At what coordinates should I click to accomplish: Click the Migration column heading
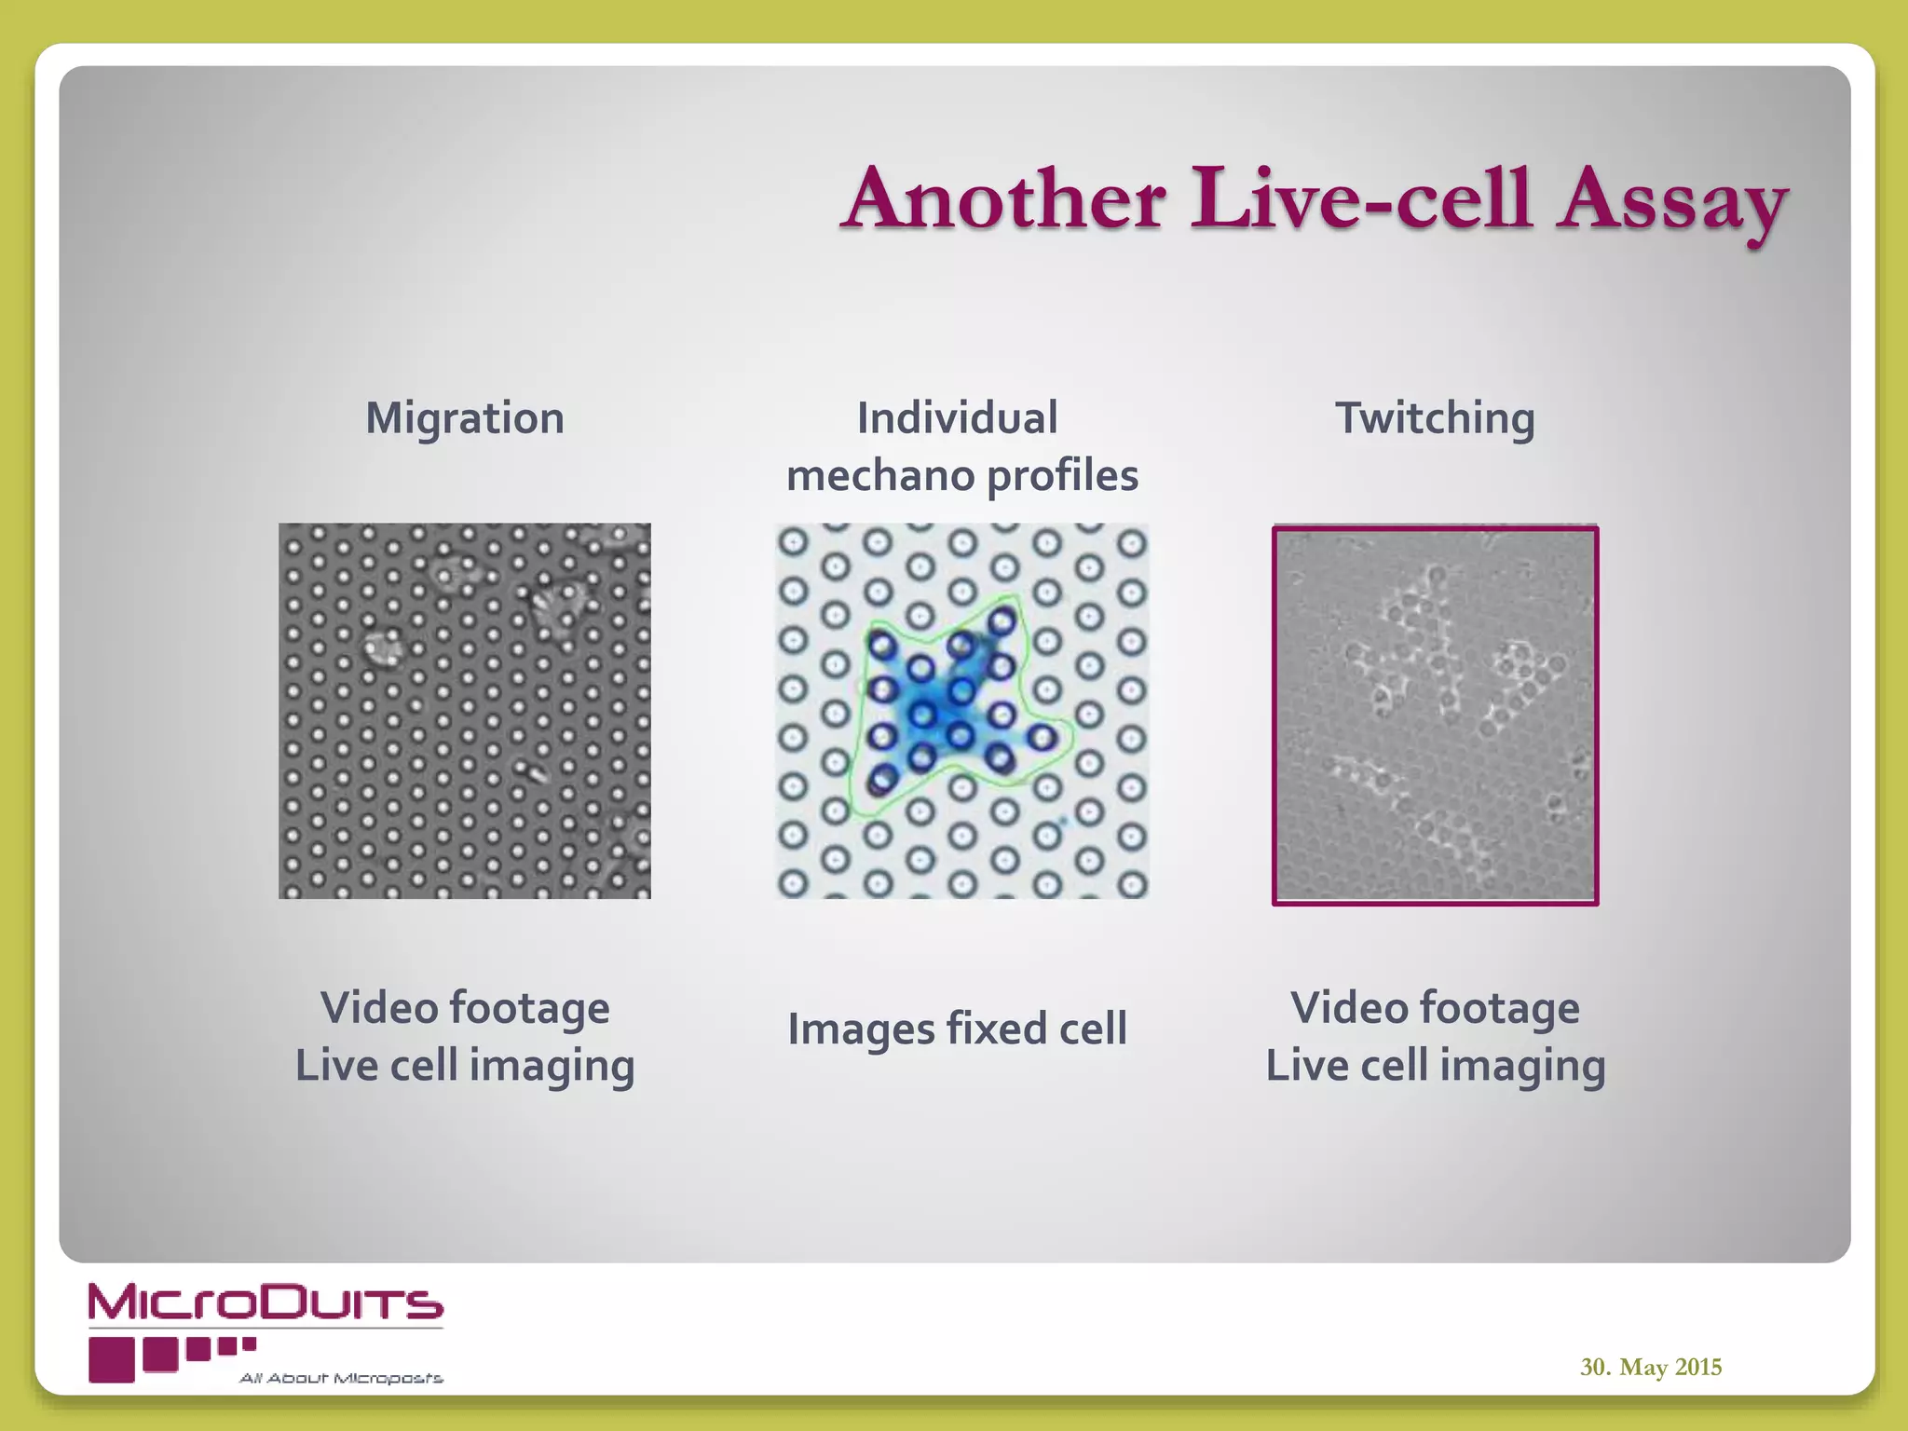[465, 417]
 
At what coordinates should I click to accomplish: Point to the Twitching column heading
[1435, 417]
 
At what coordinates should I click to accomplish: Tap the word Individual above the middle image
[957, 417]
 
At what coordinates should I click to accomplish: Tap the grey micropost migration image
[465, 711]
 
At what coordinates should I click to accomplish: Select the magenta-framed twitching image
[1435, 715]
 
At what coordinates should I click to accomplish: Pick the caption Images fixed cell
[957, 1029]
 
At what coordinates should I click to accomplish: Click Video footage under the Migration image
[465, 1008]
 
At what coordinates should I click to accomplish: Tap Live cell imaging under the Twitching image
[1435, 1066]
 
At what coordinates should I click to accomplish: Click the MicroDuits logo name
[266, 1302]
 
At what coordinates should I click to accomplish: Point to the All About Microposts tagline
[341, 1378]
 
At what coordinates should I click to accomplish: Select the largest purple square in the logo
[112, 1359]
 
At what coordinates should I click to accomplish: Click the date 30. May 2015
[1650, 1367]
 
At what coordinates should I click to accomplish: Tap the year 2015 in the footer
[1697, 1367]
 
